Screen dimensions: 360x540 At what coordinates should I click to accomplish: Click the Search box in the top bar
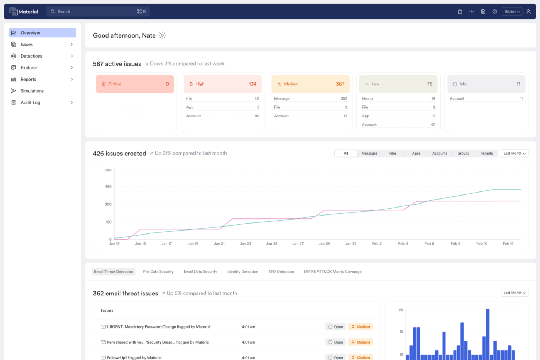coord(98,12)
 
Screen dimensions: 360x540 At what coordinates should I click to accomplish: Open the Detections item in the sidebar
coord(31,56)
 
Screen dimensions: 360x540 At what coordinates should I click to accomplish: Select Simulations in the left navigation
coord(32,91)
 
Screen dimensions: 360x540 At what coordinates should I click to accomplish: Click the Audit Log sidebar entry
coord(30,102)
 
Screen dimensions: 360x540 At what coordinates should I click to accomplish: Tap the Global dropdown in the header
coord(512,12)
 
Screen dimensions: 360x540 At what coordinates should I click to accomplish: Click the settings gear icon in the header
coord(494,12)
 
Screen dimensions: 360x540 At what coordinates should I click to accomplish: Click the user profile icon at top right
coord(528,12)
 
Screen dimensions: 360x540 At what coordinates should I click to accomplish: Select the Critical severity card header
coord(135,84)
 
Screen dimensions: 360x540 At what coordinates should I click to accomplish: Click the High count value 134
coord(252,84)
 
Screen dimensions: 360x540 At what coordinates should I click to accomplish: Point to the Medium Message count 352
coord(343,98)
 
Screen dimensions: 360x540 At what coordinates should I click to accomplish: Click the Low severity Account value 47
coord(432,125)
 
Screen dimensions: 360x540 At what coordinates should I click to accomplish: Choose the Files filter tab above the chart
coord(393,154)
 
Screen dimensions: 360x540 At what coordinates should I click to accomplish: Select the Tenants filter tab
coord(486,154)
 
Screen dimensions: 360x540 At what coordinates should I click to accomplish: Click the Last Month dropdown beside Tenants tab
coord(514,154)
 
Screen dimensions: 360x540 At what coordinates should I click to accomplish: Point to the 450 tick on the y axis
coord(108,186)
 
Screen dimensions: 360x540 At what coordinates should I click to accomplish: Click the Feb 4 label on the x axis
coord(403,244)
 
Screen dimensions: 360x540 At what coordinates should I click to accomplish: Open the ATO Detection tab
coord(281,272)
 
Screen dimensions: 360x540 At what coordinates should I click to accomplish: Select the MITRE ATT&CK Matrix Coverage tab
coord(332,272)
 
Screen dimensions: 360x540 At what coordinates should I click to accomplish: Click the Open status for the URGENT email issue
coord(335,327)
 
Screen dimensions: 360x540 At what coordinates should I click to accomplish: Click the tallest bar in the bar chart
coord(487,334)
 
